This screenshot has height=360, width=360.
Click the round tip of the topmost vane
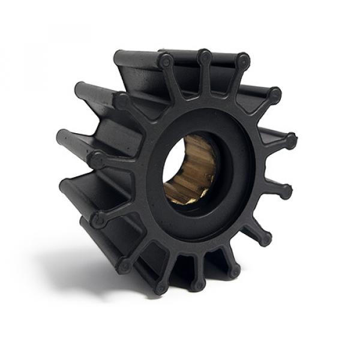tap(205, 58)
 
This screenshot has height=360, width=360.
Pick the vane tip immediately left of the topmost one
tap(165, 61)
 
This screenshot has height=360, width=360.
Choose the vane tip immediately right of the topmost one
tap(242, 61)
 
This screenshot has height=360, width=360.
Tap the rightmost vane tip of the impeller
tap(291, 142)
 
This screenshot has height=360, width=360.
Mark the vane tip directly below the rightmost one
tap(286, 191)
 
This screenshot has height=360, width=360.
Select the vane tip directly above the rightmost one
tap(274, 94)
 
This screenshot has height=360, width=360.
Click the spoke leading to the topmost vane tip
tap(204, 84)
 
